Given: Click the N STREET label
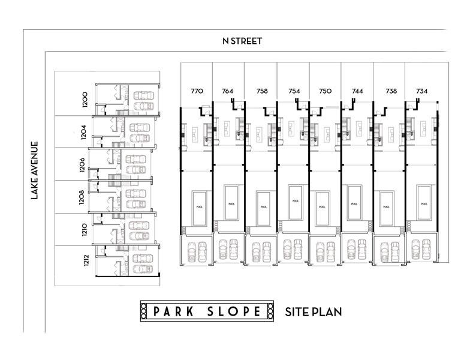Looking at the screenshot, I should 242,41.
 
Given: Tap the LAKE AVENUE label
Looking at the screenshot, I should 35,170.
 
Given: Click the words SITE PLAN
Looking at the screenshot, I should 313,311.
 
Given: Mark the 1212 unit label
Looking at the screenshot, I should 86,262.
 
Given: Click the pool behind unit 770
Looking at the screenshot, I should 200,206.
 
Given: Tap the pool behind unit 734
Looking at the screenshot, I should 424,203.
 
